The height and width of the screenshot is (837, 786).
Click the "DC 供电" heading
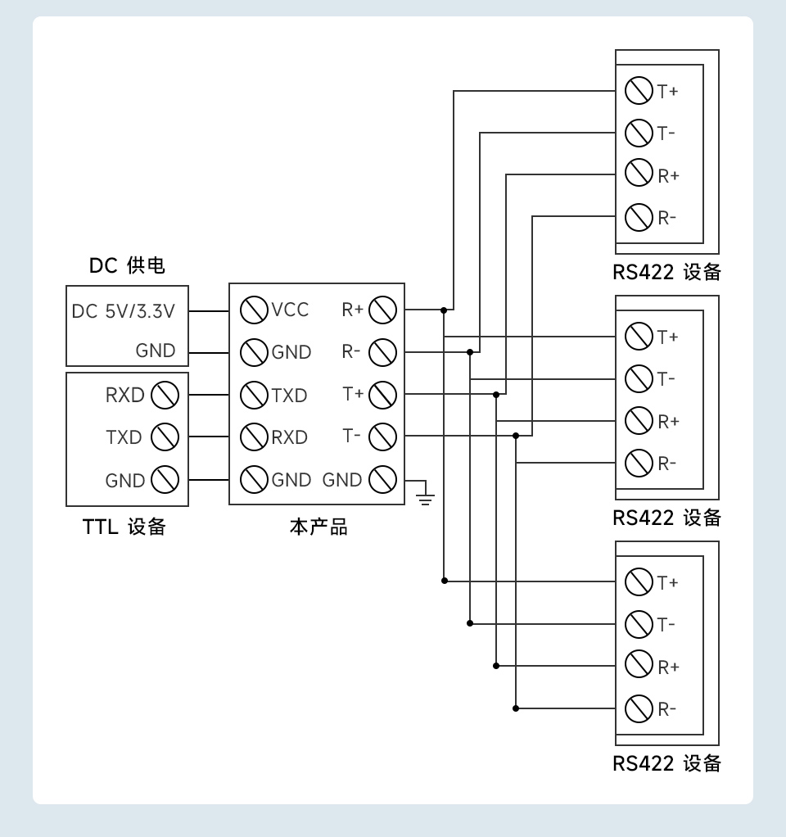127,265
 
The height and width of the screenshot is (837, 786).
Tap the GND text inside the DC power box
156,351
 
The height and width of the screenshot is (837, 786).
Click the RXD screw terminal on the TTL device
165,395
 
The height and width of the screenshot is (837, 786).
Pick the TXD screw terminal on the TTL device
165,437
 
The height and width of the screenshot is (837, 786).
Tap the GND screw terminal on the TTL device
165,480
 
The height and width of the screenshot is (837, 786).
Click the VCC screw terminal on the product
255,310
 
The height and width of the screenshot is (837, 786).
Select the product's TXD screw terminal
255,395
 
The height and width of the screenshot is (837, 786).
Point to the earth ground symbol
424,495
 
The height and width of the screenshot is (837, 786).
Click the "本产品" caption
318,527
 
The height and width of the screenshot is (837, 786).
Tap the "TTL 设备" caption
124,527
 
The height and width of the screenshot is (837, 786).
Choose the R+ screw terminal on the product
382,310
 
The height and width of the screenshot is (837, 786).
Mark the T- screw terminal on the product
382,437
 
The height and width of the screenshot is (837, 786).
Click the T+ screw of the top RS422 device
638,90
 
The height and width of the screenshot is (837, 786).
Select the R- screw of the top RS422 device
638,217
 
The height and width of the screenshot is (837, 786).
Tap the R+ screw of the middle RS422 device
638,421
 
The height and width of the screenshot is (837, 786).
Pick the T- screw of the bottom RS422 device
638,624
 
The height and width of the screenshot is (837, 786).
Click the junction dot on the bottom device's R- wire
516,708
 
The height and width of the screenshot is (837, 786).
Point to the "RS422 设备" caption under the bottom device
666,764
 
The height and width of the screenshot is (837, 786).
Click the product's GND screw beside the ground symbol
382,479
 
